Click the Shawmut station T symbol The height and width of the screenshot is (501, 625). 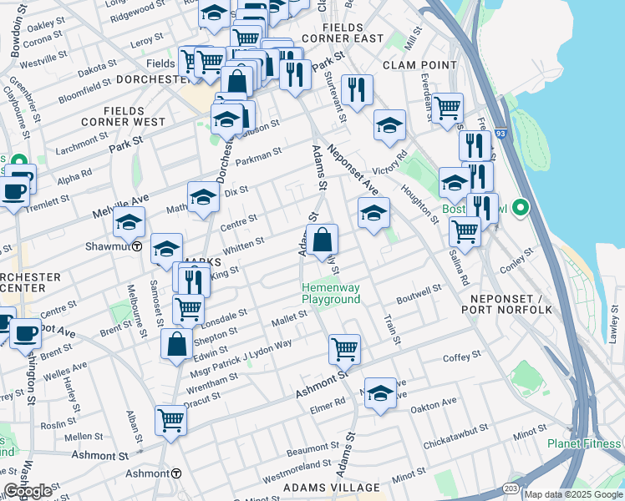coord(136,246)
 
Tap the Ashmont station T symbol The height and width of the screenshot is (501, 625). coord(176,473)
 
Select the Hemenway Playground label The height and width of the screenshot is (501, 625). coord(331,293)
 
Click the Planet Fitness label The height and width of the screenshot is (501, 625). coord(585,443)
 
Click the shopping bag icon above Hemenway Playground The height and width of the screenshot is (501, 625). coord(322,240)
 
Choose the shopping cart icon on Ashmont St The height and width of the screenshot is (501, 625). coord(343,348)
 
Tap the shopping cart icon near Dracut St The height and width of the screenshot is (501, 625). coord(171,419)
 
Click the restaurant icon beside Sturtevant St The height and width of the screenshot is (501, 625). coord(358,89)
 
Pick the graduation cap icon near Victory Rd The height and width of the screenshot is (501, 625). coord(389,125)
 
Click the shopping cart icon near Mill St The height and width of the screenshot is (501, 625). coord(448,108)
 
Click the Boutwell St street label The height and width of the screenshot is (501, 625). coord(419,291)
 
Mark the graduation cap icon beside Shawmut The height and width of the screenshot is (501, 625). coord(130,222)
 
